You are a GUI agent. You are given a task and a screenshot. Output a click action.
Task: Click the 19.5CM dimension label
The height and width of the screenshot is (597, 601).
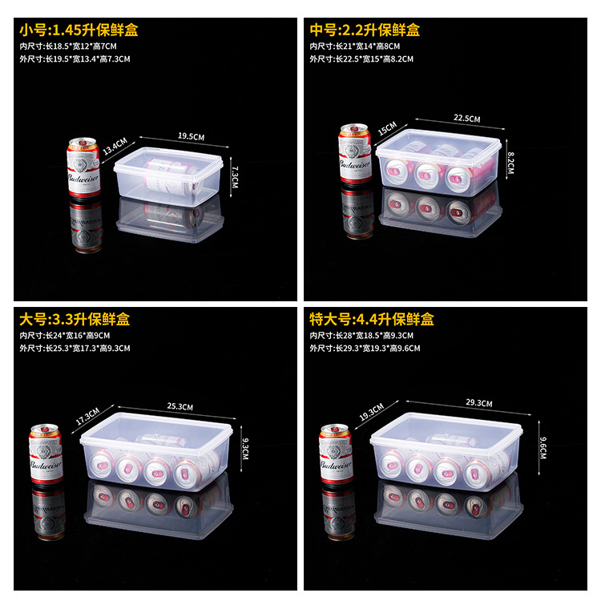pos(190,136)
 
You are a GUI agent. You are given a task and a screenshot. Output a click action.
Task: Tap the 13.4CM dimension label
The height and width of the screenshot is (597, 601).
pos(113,148)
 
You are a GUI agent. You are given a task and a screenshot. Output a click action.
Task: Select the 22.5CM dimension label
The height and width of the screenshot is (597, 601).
pos(466,119)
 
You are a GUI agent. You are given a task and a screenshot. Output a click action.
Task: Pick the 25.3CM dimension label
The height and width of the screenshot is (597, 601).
pos(181,407)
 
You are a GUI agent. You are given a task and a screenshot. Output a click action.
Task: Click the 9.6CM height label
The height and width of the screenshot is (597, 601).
pos(543,442)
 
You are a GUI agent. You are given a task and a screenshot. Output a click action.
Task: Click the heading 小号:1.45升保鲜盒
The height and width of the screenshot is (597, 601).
pos(79,30)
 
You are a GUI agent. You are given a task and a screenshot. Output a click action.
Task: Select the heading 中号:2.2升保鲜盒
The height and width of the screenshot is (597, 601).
pos(365,30)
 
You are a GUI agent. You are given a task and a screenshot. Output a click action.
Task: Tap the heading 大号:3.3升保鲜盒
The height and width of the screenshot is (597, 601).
pos(75,319)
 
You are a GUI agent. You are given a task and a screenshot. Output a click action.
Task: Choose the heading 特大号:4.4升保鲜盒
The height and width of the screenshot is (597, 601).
pos(372,319)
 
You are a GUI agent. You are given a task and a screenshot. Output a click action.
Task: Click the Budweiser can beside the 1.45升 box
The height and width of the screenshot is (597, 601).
pos(84,167)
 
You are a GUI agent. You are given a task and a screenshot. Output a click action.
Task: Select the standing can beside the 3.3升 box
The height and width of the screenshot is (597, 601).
pos(46,454)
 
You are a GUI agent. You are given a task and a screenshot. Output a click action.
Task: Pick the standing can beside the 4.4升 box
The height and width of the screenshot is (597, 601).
pos(336,454)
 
